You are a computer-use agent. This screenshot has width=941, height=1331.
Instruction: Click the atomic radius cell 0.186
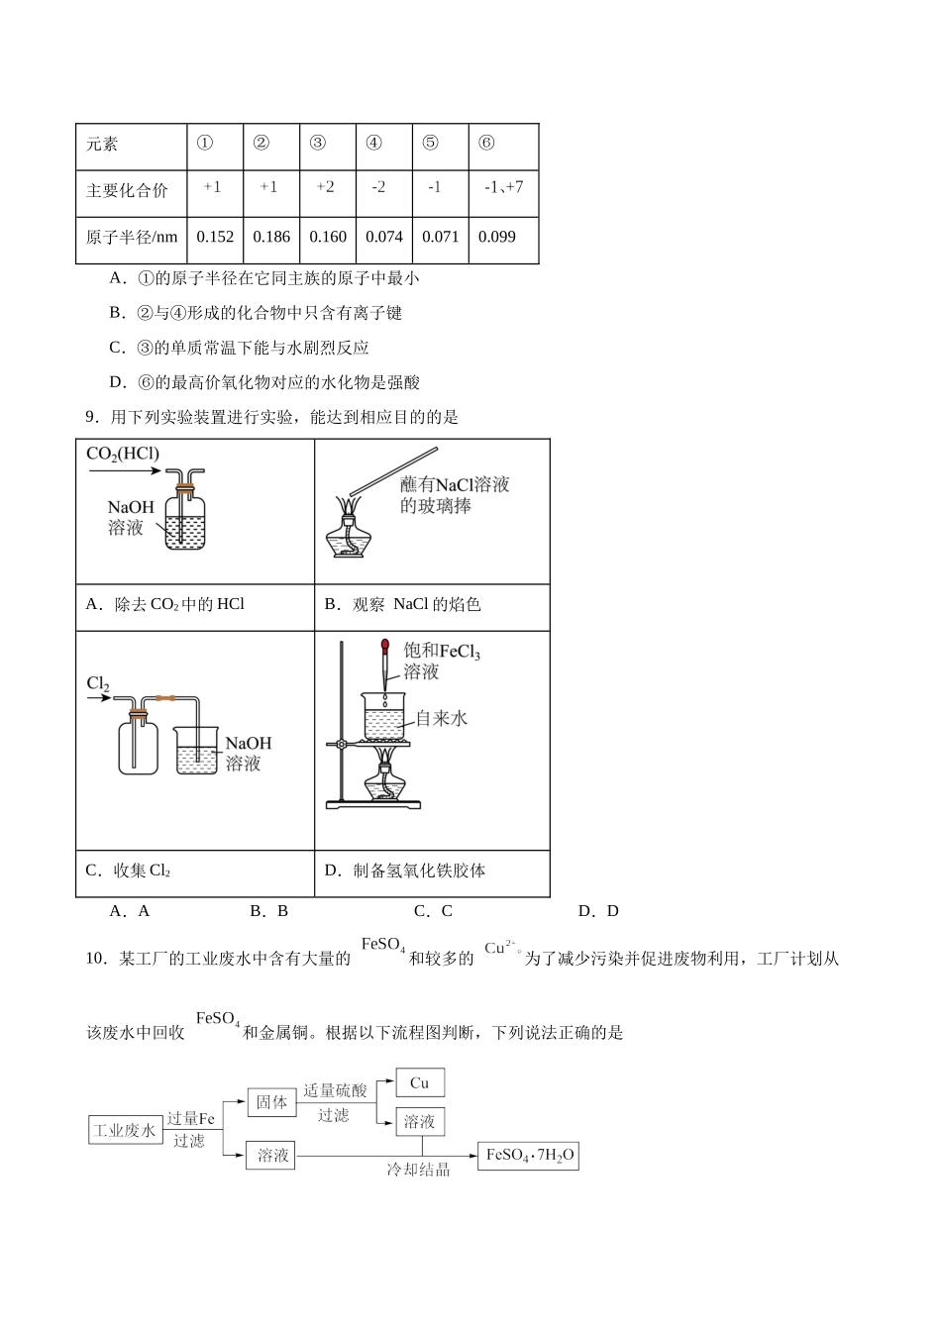point(271,237)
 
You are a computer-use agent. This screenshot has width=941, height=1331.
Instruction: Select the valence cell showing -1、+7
point(504,187)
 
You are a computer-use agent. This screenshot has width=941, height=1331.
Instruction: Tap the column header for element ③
point(318,143)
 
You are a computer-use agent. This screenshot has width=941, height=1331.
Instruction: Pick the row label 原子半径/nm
point(132,238)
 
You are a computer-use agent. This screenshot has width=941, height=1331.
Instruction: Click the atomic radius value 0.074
point(384,237)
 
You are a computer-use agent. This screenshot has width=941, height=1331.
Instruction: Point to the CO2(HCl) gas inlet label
point(123,455)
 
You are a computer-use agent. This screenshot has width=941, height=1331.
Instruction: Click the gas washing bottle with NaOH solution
point(184,516)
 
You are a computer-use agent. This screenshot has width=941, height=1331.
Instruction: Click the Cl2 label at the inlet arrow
point(98,683)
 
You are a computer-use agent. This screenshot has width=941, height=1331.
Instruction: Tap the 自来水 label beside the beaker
point(441,718)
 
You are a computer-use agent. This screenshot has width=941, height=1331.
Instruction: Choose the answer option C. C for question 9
point(433,911)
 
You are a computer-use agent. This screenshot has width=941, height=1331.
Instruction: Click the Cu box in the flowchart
point(420,1083)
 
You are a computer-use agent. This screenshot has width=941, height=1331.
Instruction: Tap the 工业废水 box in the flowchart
point(125,1130)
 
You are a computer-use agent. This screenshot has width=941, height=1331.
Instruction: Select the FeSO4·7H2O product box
point(528,1156)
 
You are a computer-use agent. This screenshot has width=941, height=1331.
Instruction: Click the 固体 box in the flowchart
point(271,1102)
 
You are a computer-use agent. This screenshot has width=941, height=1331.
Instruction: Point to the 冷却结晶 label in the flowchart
point(418,1170)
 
